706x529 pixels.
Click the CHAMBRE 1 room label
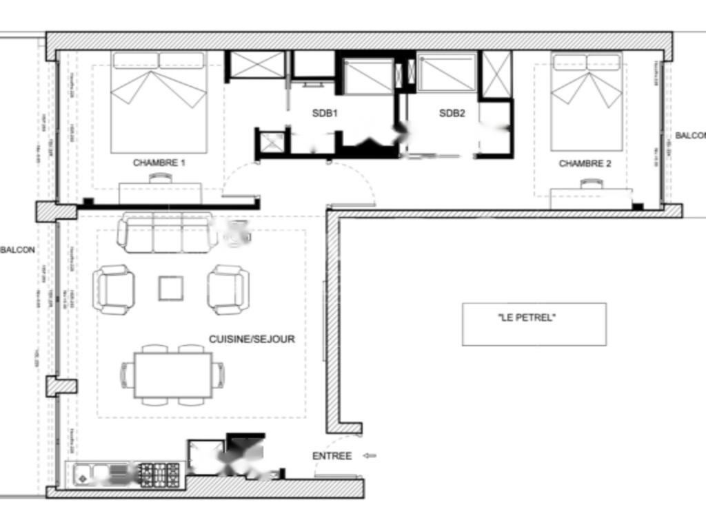159,163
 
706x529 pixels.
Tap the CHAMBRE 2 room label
585,164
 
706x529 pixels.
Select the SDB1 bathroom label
325,113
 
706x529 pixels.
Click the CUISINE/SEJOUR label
252,340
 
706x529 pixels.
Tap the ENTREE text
332,456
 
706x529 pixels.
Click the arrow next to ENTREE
370,456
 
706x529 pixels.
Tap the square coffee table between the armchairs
170,288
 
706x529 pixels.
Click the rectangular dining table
172,375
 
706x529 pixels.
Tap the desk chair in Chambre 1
160,178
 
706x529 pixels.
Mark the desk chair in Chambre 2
591,183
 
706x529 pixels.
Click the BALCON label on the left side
18,249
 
